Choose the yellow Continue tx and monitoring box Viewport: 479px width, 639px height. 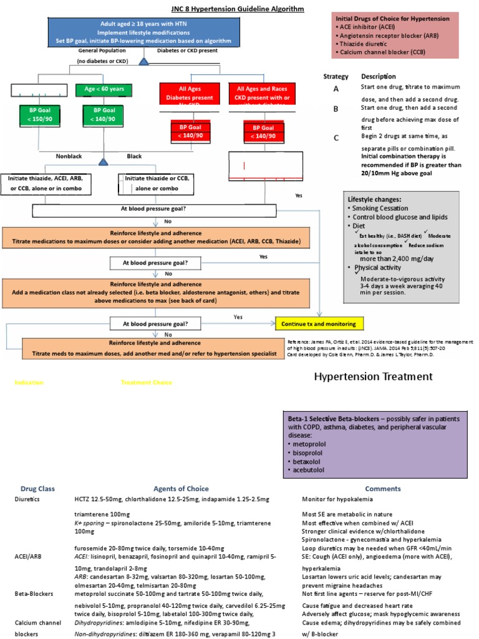pos(319,324)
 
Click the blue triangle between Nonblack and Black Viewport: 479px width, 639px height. pos(104,162)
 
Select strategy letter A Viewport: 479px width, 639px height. pos(336,89)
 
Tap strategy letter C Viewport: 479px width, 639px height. pos(336,139)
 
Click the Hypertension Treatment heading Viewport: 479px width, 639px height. pos(373,376)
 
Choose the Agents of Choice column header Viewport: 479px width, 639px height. pos(181,489)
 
